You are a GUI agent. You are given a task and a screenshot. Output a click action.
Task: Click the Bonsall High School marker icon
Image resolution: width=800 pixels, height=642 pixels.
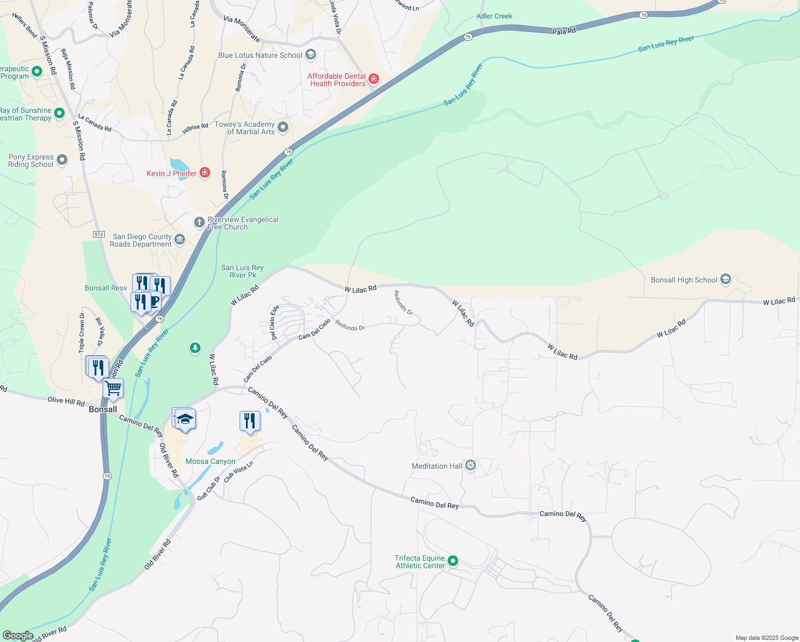coord(725,279)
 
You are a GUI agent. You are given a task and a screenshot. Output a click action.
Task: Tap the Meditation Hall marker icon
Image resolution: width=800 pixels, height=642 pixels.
coord(471,465)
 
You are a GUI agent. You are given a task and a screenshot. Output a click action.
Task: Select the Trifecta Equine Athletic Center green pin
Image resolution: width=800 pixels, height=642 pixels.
coord(453,561)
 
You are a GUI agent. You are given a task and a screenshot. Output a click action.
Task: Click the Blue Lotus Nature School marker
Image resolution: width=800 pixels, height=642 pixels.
coord(311,55)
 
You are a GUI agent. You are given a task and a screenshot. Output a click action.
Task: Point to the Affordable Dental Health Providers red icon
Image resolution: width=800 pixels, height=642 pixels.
coord(374,79)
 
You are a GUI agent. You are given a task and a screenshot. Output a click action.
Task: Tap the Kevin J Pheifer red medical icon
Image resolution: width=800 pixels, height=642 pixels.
coord(204,172)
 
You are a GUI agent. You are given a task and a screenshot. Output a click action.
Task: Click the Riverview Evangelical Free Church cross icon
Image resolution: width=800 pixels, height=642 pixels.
coord(199,222)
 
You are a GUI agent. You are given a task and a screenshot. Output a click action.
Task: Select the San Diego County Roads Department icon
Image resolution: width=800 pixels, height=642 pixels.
coord(180,240)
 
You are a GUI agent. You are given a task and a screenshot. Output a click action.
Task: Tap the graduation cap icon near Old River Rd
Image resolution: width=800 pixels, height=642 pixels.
coord(185,419)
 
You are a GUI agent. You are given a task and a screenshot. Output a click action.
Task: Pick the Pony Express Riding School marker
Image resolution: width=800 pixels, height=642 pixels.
coord(62,160)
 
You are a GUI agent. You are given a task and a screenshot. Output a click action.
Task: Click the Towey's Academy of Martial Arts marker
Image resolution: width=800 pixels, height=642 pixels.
coord(283,127)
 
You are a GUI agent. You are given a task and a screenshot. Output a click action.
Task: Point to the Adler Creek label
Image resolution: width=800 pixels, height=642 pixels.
coord(494,16)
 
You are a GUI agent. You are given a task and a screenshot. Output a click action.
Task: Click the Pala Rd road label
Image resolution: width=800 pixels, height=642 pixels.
coord(564,31)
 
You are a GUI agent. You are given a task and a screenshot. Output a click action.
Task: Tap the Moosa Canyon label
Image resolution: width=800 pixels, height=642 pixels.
coord(210,461)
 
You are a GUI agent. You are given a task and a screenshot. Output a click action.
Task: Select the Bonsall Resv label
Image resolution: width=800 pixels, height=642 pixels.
coord(106,288)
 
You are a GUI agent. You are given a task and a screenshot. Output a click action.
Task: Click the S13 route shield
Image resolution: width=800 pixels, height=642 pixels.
coord(98,234)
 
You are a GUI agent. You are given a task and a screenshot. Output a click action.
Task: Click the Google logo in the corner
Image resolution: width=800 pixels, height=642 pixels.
coord(18,636)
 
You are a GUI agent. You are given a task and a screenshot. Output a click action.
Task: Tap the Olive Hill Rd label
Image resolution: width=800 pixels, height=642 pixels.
coord(66,401)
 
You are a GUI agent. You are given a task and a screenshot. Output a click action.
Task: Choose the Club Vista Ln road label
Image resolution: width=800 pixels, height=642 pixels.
coord(239,471)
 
